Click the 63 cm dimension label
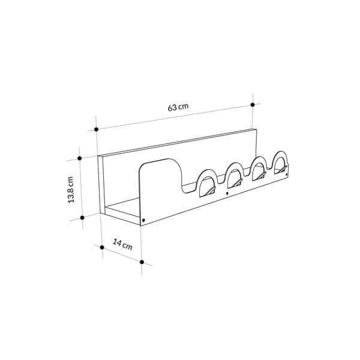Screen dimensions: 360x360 178,107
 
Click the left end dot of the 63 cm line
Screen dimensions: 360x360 96,129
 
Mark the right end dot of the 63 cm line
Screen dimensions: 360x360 253,104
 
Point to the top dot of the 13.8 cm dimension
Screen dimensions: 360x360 79,158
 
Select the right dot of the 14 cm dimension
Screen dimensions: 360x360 142,262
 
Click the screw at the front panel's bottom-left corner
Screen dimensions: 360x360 143,220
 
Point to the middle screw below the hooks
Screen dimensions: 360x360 226,193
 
